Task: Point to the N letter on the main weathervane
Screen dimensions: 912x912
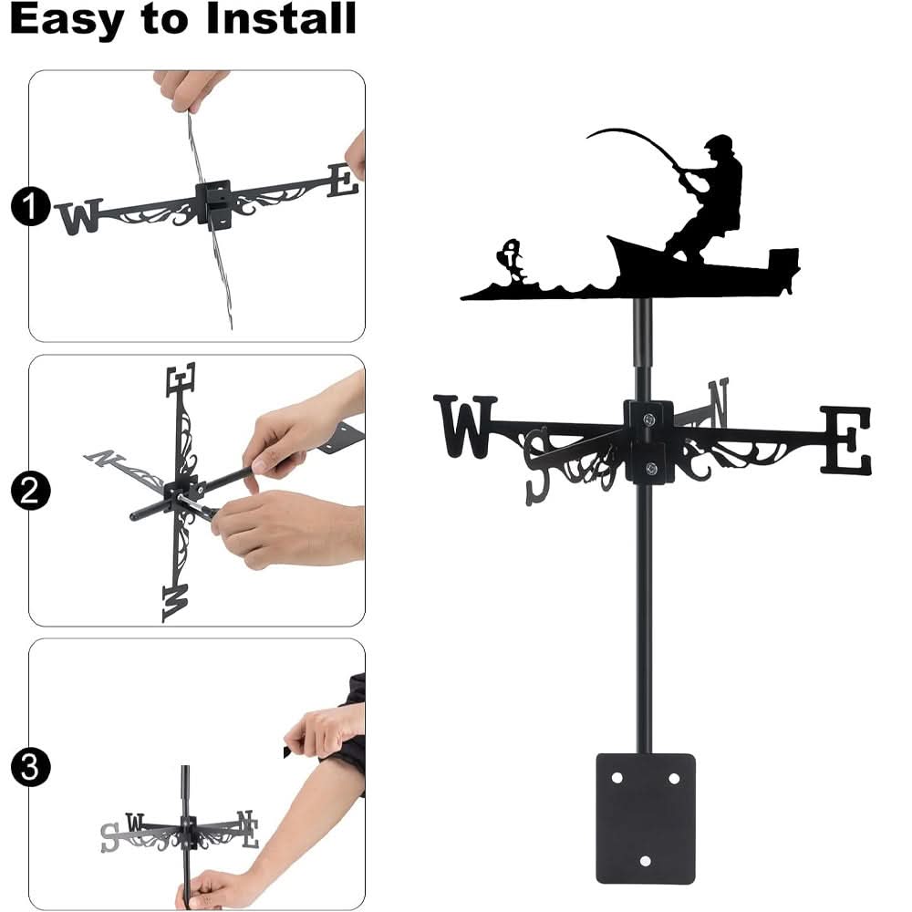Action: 718,402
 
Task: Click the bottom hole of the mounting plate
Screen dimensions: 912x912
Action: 645,861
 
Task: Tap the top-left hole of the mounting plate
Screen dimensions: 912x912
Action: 617,779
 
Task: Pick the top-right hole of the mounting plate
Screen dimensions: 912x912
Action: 674,779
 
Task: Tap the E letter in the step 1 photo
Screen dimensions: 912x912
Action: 343,180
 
